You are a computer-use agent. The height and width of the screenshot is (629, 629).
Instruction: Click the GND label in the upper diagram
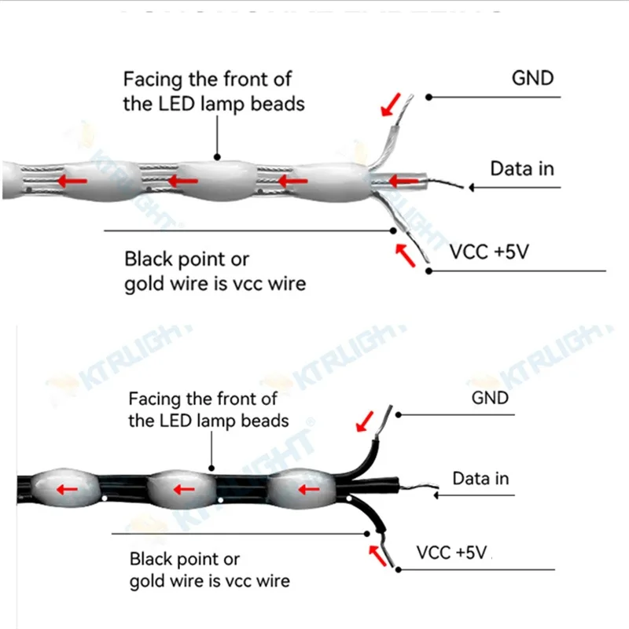click(532, 78)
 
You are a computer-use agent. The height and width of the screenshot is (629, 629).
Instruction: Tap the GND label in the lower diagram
click(490, 398)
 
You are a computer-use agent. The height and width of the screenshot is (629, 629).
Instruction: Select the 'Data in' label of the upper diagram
click(522, 168)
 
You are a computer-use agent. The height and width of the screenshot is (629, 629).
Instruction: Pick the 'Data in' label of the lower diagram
click(480, 478)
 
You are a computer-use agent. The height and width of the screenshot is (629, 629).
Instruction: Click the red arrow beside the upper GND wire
click(392, 103)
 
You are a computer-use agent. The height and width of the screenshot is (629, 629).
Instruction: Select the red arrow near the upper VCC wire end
click(404, 254)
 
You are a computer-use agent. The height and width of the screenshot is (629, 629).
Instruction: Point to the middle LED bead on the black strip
click(182, 487)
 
